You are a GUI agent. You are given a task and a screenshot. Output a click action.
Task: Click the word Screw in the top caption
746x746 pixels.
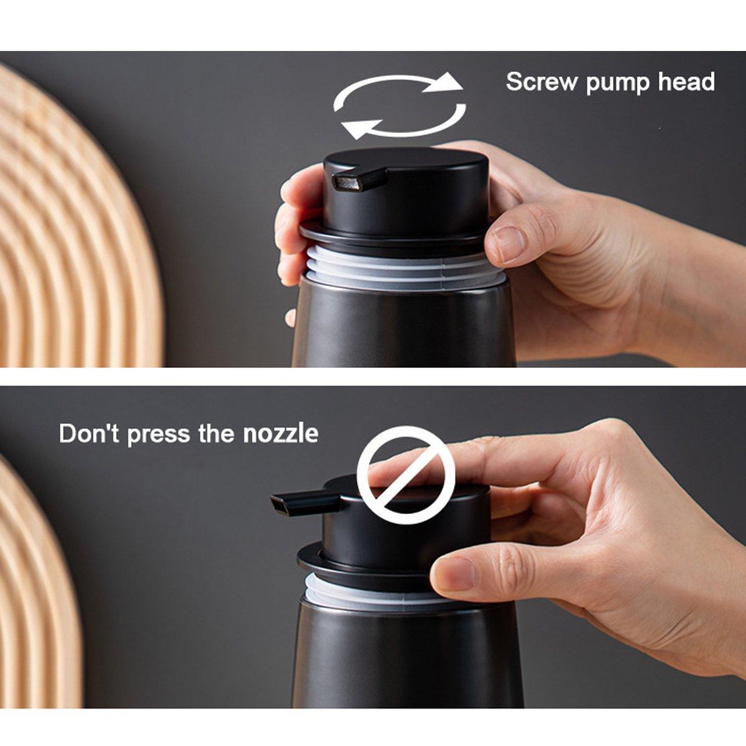541,82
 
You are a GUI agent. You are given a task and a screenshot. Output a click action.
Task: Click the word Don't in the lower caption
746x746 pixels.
88,433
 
